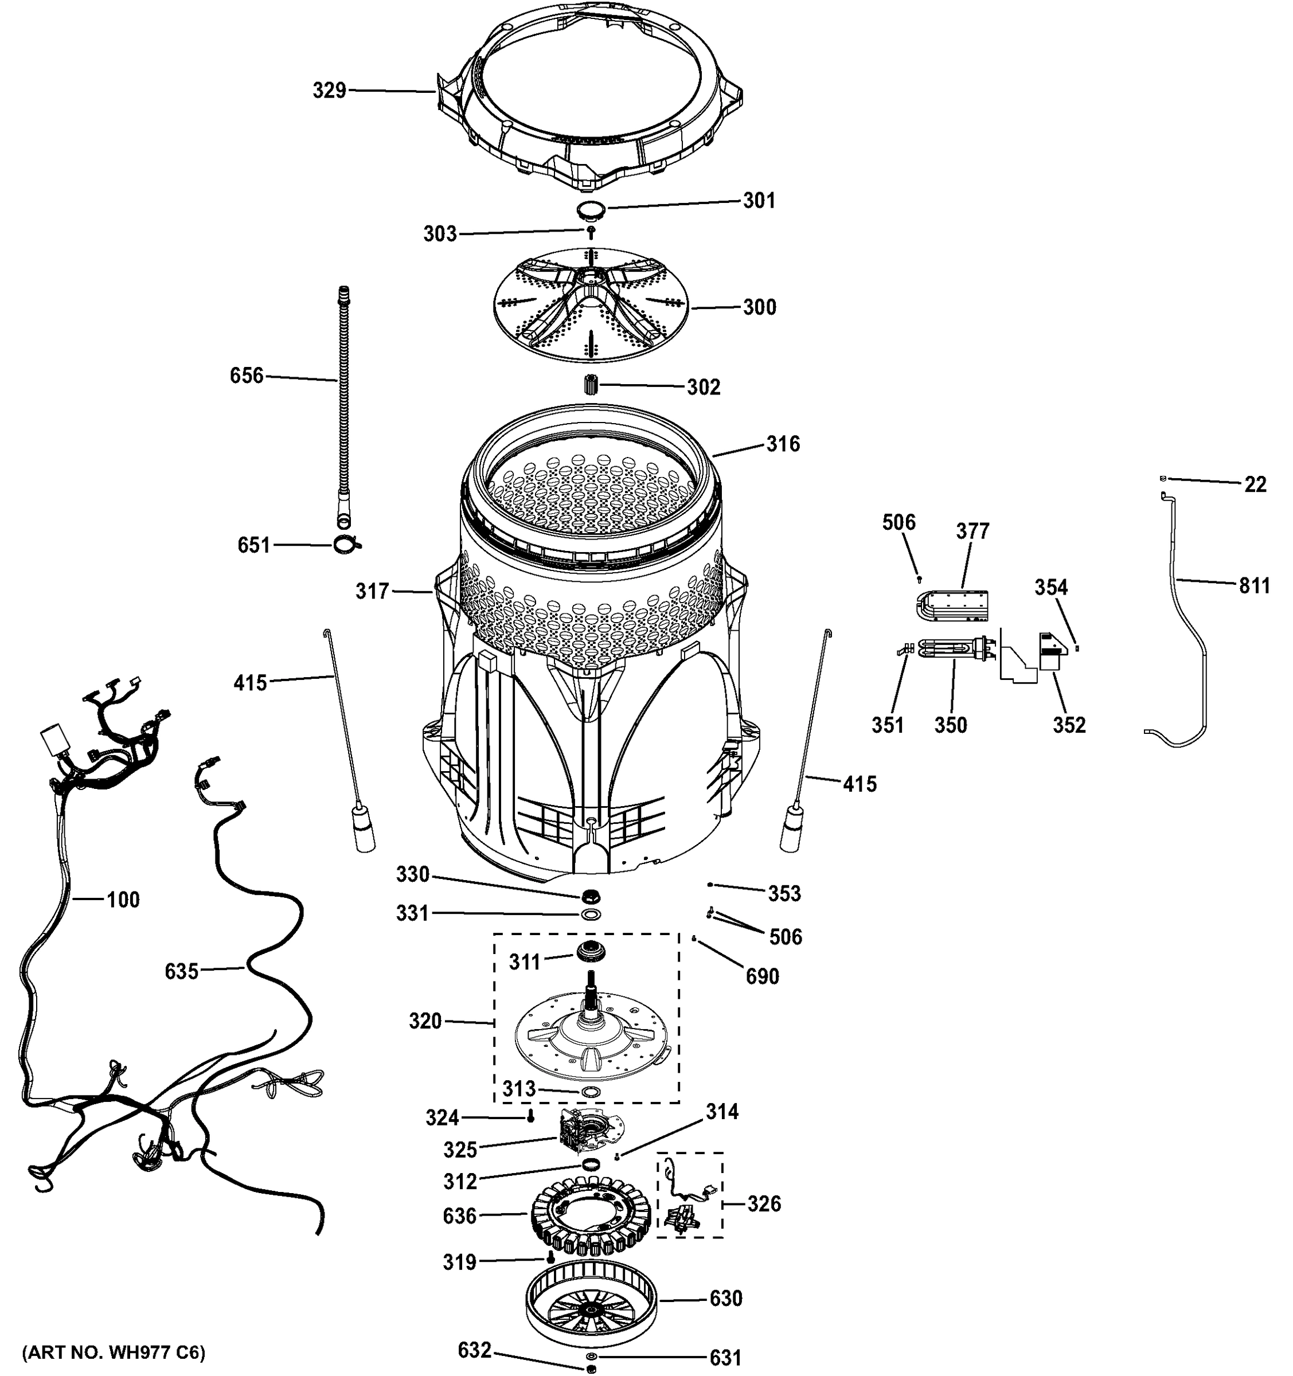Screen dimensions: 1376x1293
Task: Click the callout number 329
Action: (329, 91)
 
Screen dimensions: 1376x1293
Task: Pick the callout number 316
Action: (783, 444)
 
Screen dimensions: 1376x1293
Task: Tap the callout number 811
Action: (1254, 587)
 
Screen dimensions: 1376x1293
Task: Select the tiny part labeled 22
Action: (1164, 478)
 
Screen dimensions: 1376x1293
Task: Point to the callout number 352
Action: (1069, 725)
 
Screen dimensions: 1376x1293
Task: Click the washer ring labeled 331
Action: (591, 914)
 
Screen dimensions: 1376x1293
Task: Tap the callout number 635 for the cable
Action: (181, 972)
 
